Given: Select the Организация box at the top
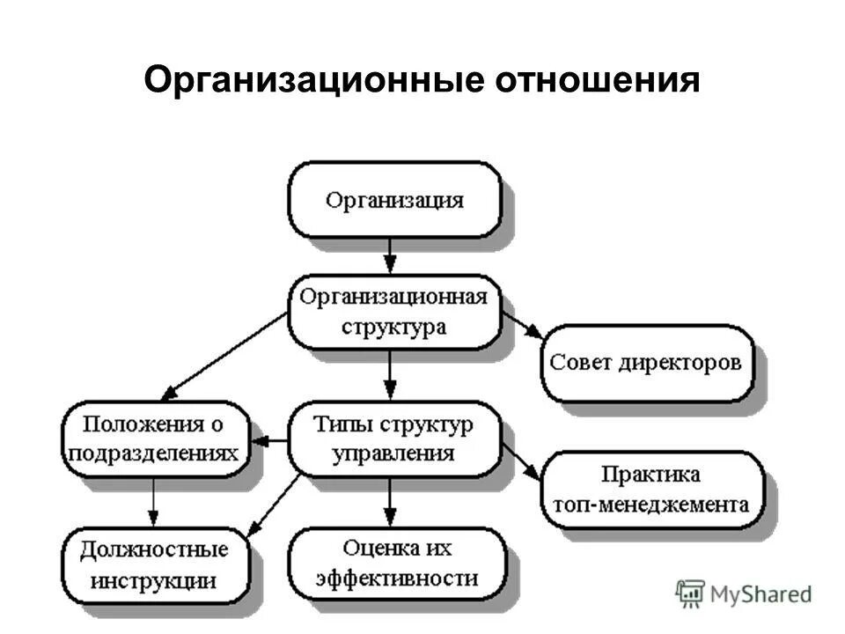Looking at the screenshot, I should [394, 199].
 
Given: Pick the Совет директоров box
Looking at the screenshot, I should [646, 363].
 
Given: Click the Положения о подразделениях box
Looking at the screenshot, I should [153, 439].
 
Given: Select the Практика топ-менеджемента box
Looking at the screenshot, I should [650, 489].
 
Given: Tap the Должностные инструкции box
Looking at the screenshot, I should [153, 564].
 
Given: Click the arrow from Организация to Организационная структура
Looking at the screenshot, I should [391, 256].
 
